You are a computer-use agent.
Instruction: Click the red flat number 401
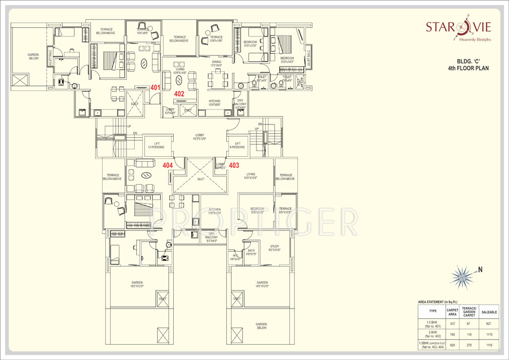155,87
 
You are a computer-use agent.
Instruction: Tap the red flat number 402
179,94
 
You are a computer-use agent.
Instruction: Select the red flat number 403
234,165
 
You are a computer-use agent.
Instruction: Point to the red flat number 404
168,165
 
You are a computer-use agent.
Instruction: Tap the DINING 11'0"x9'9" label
216,64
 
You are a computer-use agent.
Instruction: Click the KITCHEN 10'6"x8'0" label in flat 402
214,103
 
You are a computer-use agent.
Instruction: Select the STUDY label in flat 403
275,248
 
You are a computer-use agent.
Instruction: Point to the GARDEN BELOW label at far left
33,57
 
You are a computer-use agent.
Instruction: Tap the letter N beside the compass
481,269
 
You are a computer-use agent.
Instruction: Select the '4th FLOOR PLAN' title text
468,68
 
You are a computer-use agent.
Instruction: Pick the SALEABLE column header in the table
489,312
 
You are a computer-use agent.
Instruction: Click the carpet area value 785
452,334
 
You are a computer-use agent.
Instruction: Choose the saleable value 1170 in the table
489,334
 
